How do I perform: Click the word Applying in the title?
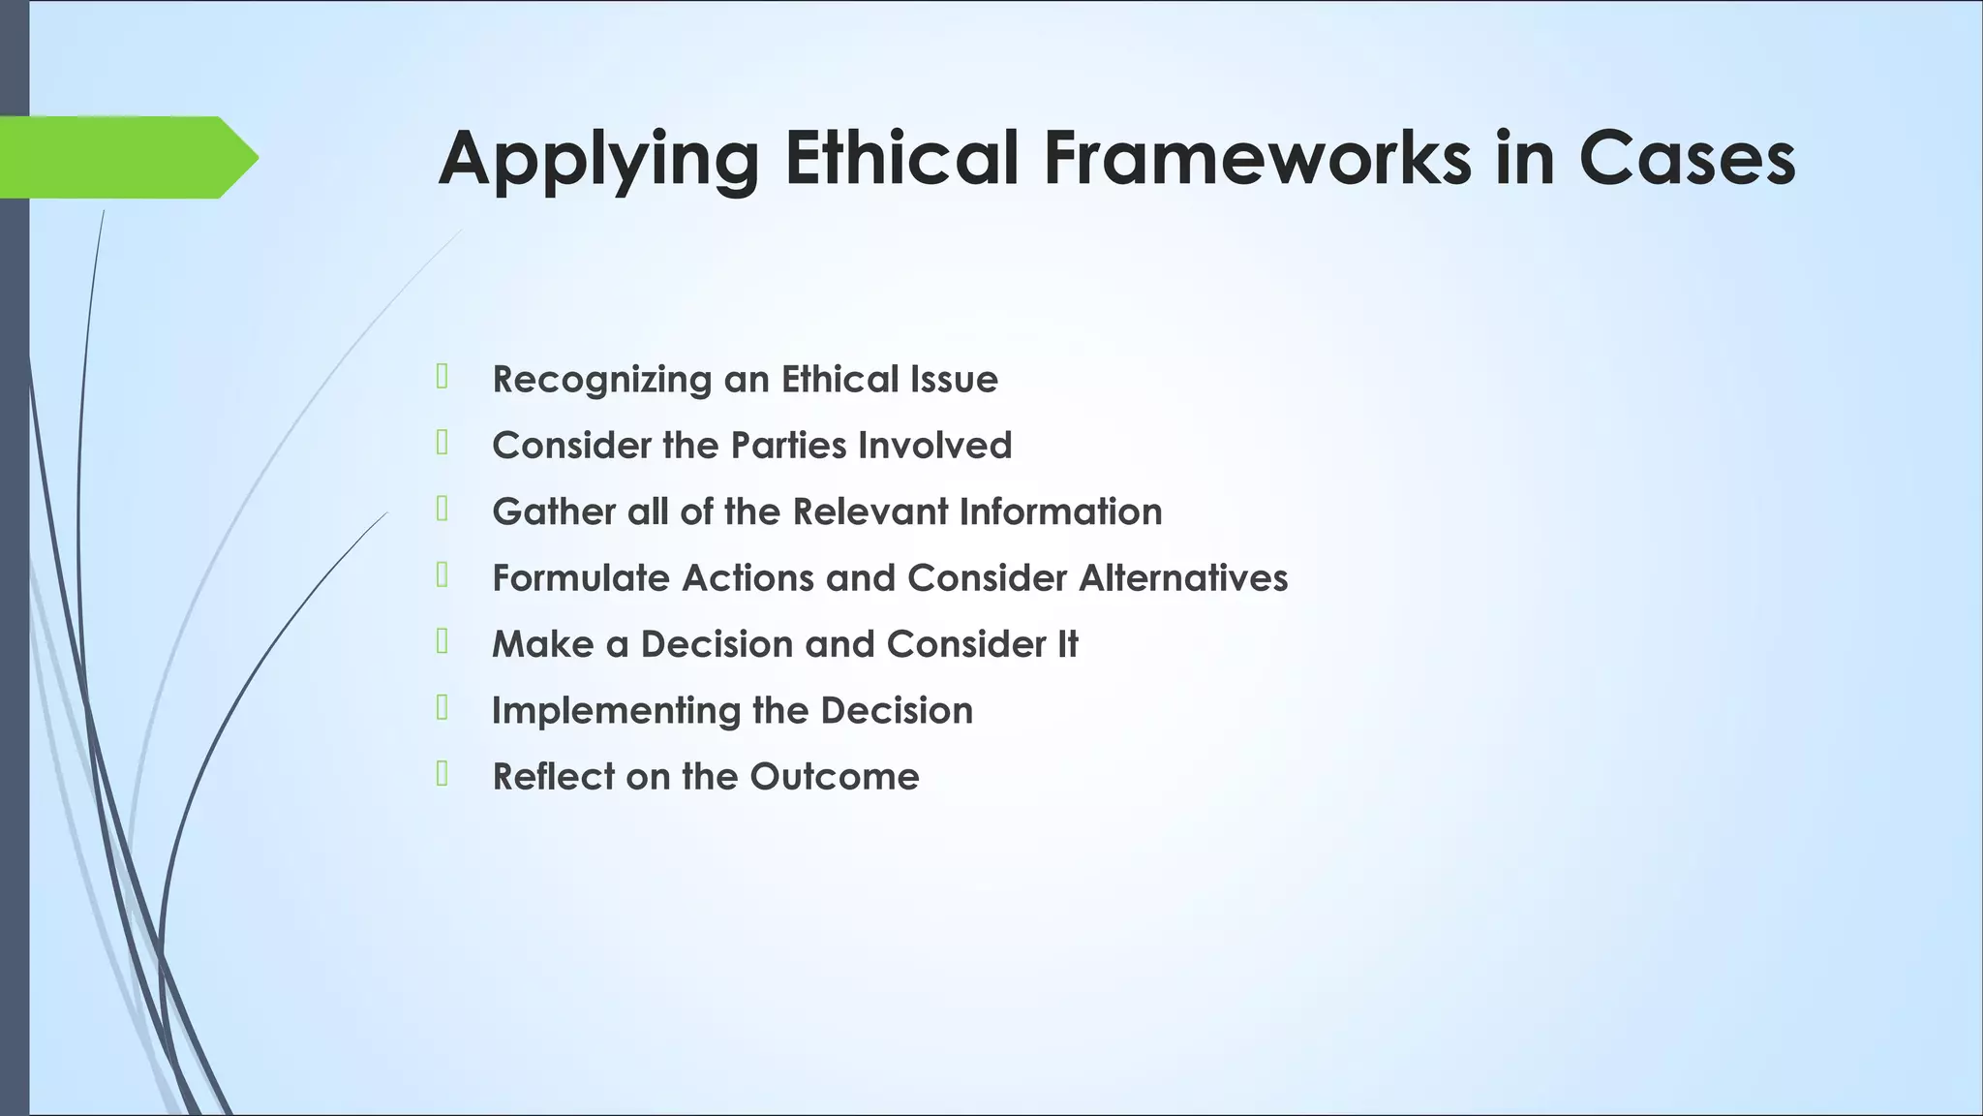(x=598, y=159)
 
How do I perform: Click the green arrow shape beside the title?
(x=126, y=157)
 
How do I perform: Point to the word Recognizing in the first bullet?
(x=601, y=380)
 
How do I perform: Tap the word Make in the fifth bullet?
(x=542, y=644)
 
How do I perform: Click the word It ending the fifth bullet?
(x=1067, y=644)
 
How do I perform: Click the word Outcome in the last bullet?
(x=834, y=777)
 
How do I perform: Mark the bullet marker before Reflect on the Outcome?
(x=442, y=773)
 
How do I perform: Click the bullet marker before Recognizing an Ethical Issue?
(x=442, y=376)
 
